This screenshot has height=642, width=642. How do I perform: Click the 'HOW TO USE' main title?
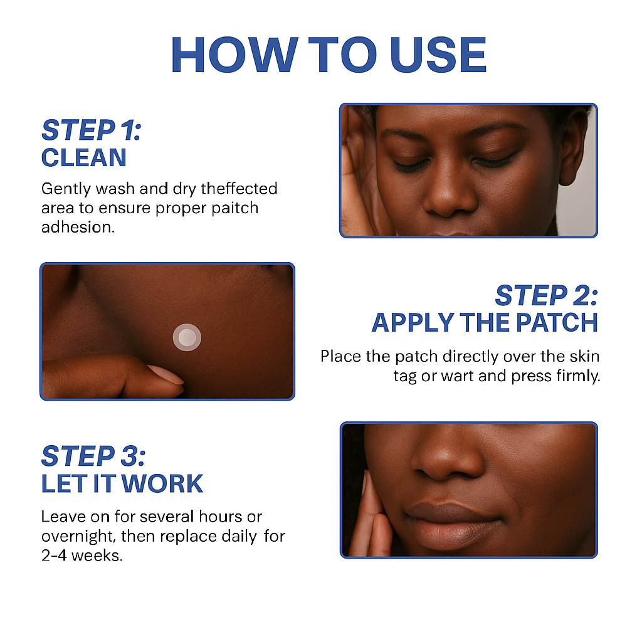329,55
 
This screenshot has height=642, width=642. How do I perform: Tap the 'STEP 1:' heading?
92,130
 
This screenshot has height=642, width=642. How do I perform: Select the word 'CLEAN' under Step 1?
84,157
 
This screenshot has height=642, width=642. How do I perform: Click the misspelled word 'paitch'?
234,208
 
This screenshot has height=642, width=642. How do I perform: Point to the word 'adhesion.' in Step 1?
78,227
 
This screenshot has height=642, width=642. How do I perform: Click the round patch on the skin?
187,337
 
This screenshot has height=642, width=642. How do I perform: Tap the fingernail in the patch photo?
166,375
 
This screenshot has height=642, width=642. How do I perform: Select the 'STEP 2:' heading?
547,295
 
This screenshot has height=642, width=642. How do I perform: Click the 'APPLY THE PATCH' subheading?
485,323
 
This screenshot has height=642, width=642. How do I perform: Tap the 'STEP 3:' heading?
93,456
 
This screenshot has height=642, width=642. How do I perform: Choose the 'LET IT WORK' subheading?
122,483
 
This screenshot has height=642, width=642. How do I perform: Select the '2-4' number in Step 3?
54,555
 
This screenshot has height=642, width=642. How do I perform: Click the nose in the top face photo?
450,193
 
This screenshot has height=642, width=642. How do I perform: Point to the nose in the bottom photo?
446,455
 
